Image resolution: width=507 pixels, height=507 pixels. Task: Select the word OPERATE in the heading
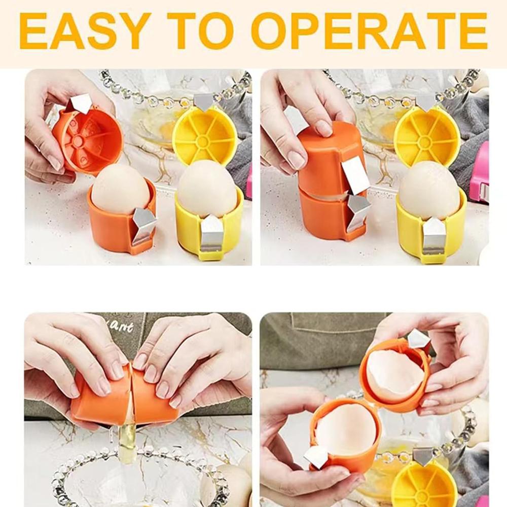(369, 31)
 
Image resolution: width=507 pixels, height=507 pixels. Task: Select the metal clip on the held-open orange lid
(80, 103)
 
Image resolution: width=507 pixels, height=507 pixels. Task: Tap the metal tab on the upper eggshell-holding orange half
(418, 339)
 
